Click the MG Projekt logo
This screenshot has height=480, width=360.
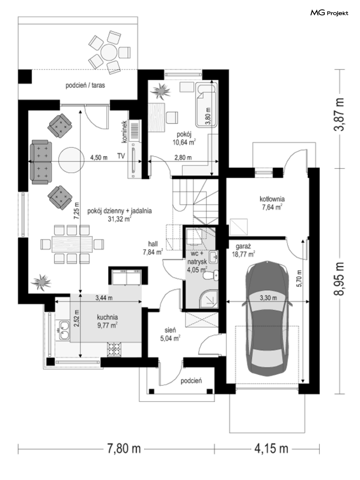click(x=329, y=13)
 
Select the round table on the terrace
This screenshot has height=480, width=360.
click(x=109, y=52)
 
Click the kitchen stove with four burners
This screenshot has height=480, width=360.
click(x=114, y=350)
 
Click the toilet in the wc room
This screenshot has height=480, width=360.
click(x=211, y=275)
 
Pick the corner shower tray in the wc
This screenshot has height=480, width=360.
click(x=209, y=299)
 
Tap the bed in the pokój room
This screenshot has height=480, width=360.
click(x=207, y=105)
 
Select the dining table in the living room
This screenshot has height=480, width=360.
click(x=72, y=244)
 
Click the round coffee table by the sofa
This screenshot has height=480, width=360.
click(x=71, y=160)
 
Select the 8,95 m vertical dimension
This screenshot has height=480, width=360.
click(x=339, y=279)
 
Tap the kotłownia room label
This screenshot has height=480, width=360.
click(x=272, y=199)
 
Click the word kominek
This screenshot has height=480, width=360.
click(x=124, y=132)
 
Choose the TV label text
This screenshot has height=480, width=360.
click(x=121, y=156)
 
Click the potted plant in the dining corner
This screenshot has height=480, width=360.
click(x=41, y=283)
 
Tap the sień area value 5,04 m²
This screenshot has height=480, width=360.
click(x=170, y=338)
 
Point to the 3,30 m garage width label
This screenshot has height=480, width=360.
click(x=268, y=298)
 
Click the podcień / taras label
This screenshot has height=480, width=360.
click(x=85, y=85)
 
